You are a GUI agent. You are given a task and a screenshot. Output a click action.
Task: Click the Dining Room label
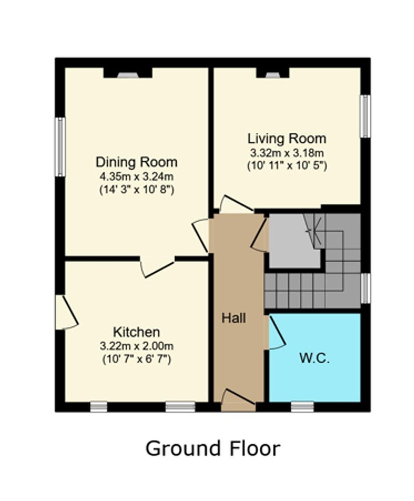coord(137,162)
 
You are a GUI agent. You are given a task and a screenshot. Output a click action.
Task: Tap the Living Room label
coord(287,138)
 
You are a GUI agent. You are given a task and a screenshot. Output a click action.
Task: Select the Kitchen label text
coord(137,332)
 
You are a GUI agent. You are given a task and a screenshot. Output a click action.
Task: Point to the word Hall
coord(234,318)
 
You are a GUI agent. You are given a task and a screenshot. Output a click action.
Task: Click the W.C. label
coord(314,358)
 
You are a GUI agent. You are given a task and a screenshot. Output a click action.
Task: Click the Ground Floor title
coord(213,448)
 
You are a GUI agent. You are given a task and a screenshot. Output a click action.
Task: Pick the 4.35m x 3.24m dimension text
coord(137,177)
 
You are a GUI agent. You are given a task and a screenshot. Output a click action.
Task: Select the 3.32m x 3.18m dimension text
coord(287,153)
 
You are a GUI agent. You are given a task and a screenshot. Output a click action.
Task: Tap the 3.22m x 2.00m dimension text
coord(137,346)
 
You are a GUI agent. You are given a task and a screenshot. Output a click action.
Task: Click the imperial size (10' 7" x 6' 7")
coord(137,359)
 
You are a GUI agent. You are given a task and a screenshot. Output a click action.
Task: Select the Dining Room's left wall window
coord(60,147)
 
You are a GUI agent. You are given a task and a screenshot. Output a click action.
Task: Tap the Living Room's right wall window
coord(365,116)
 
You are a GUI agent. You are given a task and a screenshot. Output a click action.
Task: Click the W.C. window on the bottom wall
coord(302,407)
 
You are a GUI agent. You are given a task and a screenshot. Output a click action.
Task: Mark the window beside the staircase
coord(365,288)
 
